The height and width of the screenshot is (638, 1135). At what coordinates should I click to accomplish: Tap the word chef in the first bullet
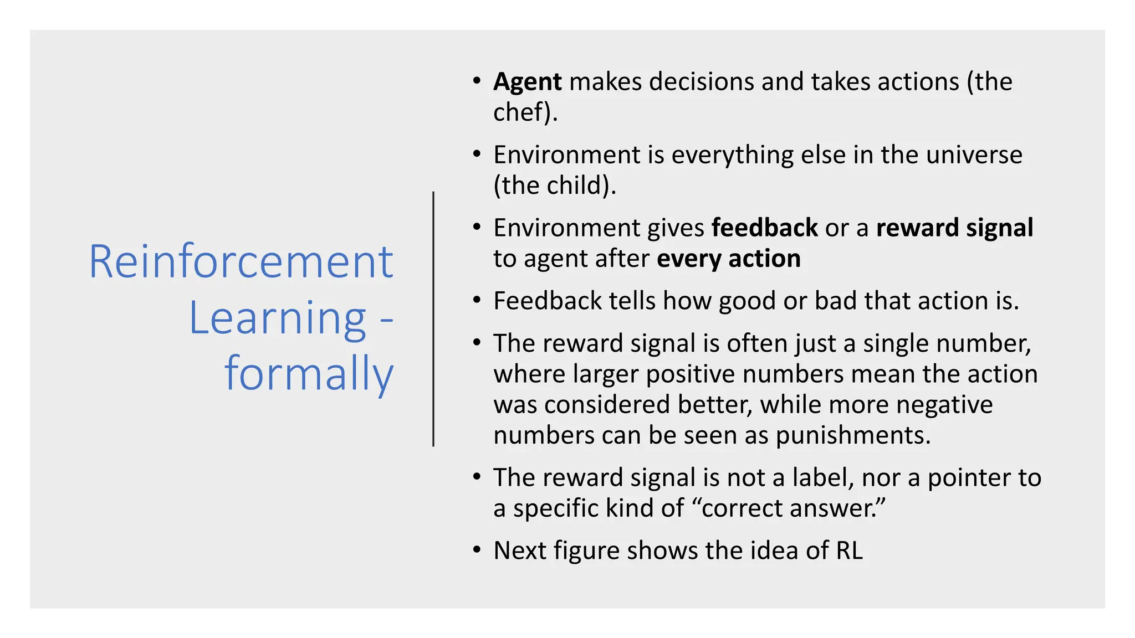[x=518, y=112]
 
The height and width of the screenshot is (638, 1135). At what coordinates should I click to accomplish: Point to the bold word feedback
[x=764, y=228]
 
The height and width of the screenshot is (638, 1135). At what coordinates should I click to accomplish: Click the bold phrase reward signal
[x=954, y=228]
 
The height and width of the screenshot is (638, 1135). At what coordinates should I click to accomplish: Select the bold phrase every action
[x=728, y=259]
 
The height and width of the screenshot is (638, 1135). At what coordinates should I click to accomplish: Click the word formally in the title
[x=309, y=374]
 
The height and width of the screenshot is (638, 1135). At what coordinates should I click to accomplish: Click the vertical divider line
[x=433, y=319]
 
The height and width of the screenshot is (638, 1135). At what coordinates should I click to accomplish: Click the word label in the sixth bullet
[x=822, y=478]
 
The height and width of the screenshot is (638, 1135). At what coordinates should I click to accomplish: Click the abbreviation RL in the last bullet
[x=849, y=551]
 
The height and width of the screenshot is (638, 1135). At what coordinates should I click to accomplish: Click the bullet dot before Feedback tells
[x=477, y=301]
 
